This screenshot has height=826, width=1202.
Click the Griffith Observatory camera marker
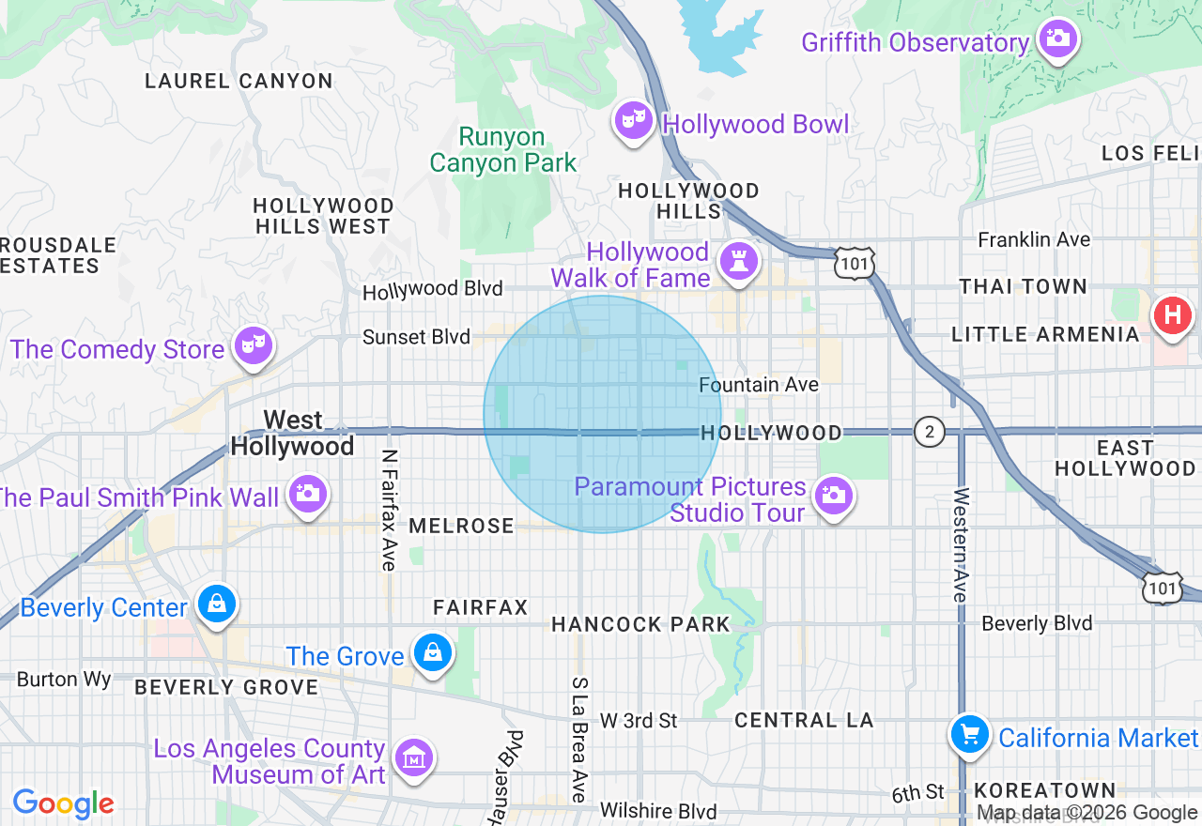coord(1058,39)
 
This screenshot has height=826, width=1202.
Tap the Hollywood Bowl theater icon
coord(634,120)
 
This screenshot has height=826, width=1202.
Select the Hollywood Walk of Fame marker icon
coord(738,262)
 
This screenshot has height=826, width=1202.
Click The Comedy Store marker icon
coord(254,345)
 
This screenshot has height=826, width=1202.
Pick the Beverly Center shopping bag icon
coord(217,604)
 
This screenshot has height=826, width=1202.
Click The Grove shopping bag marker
coord(433,652)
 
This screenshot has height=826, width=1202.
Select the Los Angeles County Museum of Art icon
coord(413,757)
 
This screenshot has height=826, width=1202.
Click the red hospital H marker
coord(1172,314)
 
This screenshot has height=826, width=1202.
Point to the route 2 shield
coord(929,432)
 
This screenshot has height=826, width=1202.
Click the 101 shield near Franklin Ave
coord(855,264)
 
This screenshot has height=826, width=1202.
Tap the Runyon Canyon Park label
coord(502,150)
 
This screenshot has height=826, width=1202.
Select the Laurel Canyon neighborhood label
coord(239,82)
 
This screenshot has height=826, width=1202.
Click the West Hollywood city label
coord(292,433)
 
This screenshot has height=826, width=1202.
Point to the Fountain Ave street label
coord(759,385)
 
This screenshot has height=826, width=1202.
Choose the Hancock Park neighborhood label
coord(640,624)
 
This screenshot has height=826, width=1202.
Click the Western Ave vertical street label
coord(960,544)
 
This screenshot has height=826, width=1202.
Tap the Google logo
coord(63,803)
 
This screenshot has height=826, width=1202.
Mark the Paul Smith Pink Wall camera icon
coord(307,494)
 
